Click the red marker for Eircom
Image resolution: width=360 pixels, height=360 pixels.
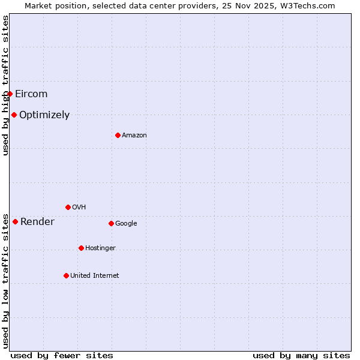[x=10, y=94]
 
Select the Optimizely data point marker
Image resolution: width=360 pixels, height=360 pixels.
[x=14, y=115]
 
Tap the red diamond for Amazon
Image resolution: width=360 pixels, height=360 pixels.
[x=118, y=135]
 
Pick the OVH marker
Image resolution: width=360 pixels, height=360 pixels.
[x=68, y=207]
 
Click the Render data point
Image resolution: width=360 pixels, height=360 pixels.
[x=15, y=221]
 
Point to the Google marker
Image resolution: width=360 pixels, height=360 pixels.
[x=111, y=223]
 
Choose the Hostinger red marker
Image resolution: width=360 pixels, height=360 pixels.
[x=81, y=248]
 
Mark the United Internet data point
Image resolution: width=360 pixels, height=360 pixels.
[x=66, y=275]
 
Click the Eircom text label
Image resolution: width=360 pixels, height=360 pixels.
[x=31, y=94]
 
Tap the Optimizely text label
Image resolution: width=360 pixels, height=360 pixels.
[x=44, y=115]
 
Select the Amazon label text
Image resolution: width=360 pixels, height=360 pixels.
[x=134, y=136]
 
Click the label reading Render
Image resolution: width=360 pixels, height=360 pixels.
[x=37, y=222]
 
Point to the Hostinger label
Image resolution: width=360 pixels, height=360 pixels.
[x=100, y=248]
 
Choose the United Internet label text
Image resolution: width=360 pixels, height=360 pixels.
[x=95, y=276]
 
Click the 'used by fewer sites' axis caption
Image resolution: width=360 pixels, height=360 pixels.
[x=62, y=356]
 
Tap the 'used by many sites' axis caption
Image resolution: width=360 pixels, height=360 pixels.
[x=301, y=356]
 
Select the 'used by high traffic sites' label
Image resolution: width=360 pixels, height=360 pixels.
[x=5, y=85]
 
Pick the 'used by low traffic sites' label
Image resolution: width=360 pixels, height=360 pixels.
[x=5, y=280]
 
